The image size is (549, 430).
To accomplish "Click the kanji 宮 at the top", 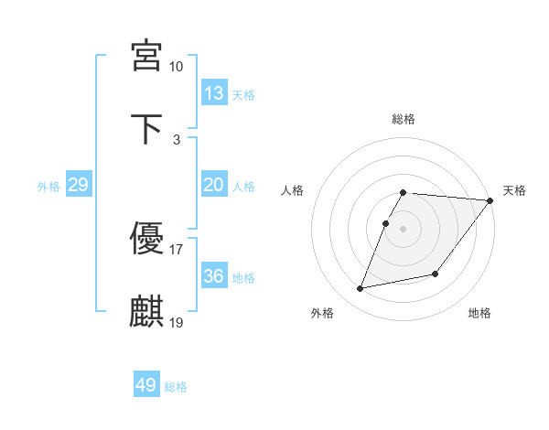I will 146,56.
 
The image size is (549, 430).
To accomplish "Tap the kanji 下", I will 146,128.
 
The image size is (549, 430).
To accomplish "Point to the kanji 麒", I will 146,311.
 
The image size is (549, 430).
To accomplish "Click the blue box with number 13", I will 214,93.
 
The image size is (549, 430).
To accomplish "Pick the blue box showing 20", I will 214,185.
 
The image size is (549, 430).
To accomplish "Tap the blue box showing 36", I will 214,276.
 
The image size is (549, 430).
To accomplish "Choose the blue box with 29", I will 78,185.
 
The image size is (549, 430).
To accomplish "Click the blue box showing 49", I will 146,385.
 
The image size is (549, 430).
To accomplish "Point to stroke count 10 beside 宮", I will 177,67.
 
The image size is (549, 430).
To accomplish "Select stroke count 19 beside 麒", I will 177,322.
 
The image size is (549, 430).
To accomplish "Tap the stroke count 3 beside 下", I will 177,139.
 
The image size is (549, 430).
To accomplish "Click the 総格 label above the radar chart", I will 404,119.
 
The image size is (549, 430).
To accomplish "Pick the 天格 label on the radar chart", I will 514,190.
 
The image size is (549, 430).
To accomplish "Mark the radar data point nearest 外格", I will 361,288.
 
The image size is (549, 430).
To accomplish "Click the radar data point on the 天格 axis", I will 490,200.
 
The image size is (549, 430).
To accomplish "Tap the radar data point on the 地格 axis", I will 436,274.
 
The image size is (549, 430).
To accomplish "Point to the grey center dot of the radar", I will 404,229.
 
